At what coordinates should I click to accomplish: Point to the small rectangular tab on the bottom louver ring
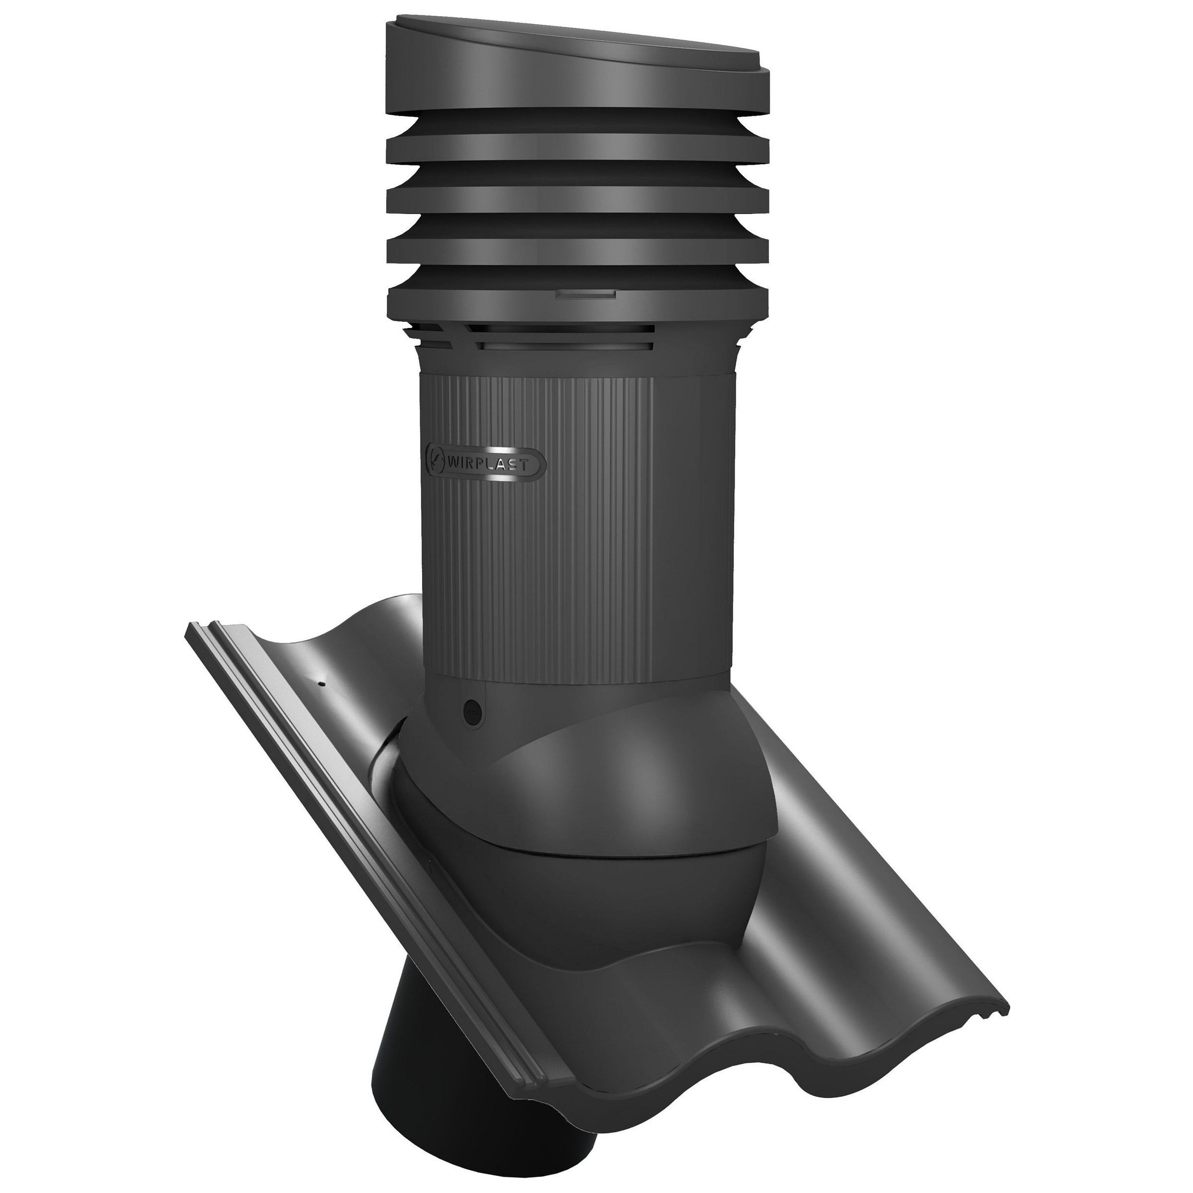586,295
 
